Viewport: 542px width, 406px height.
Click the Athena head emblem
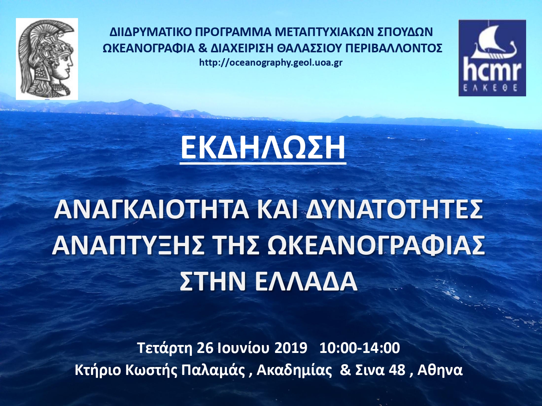pos(47,59)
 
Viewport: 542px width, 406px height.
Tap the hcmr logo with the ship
pos(492,58)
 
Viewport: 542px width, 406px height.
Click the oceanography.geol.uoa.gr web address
pos(271,63)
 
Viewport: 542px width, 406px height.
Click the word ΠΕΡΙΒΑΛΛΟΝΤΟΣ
pos(393,48)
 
